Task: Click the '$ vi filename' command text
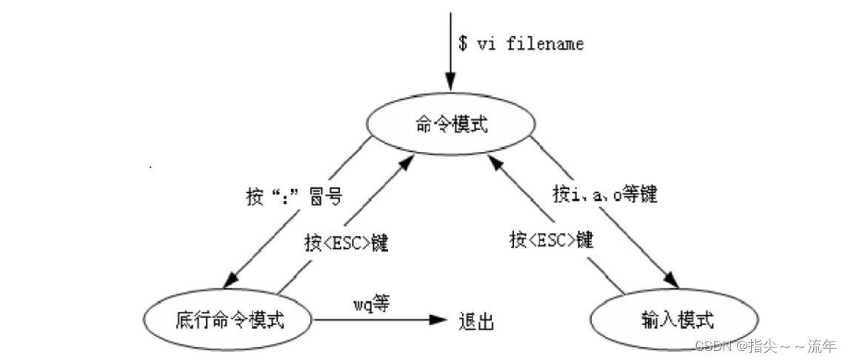(521, 44)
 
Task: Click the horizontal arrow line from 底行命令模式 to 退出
(370, 320)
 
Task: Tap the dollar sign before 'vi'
(463, 44)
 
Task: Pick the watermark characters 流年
(822, 346)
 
